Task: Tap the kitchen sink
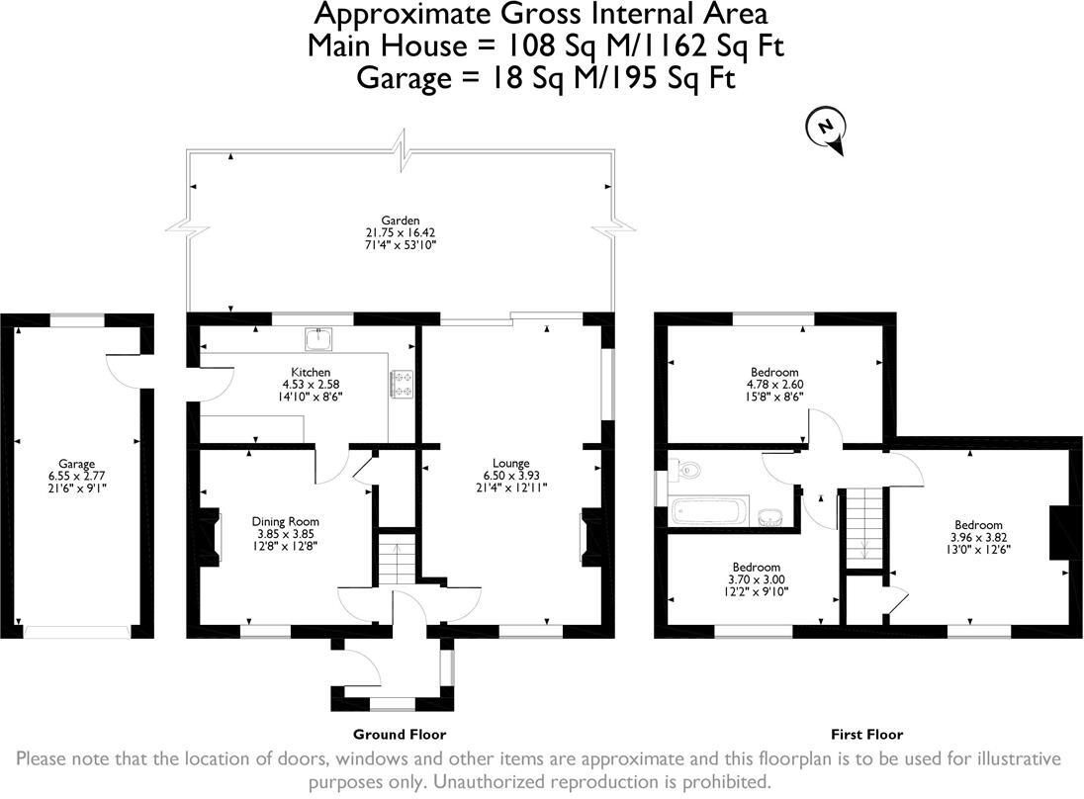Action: (318, 338)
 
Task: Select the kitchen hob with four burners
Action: (403, 385)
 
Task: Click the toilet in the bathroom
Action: (685, 470)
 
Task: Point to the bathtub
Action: (709, 511)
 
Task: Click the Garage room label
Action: (77, 464)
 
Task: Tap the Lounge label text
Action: (511, 463)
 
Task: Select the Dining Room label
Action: (286, 521)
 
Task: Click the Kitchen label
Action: (311, 372)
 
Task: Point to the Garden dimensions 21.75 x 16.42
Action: (401, 233)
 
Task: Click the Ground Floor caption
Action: (400, 734)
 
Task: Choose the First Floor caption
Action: (867, 734)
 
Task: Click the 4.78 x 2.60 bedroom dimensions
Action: (774, 385)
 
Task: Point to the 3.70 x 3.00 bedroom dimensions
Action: (757, 579)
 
